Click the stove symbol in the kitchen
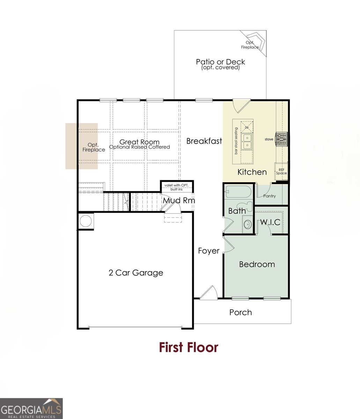(x=281, y=139)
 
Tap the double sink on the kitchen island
(x=247, y=141)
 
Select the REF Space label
(x=281, y=171)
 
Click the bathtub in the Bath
(x=238, y=192)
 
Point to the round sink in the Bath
(x=248, y=225)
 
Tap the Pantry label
(x=270, y=196)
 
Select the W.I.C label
(x=270, y=222)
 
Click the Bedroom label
(x=257, y=264)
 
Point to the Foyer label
(x=208, y=251)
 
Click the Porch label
(x=241, y=313)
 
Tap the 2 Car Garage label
(x=136, y=273)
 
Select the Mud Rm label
(x=179, y=200)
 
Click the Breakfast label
(x=204, y=141)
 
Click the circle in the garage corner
(x=86, y=221)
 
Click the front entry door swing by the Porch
(x=209, y=293)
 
